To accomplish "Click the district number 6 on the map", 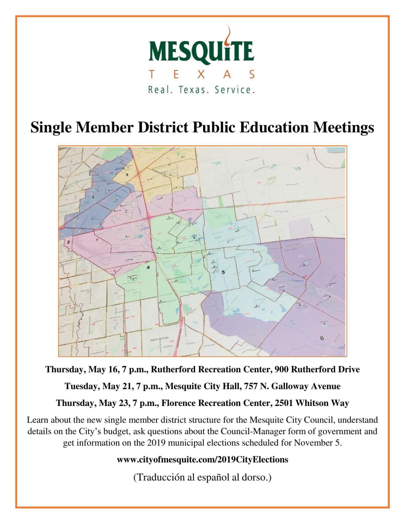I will [322, 338].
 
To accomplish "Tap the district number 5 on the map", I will [223, 272].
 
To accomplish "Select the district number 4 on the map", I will [148, 267].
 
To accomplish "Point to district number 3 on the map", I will [127, 175].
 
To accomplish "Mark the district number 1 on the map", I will [93, 197].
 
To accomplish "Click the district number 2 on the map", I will [68, 242].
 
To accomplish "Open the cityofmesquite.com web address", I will [202, 460].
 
